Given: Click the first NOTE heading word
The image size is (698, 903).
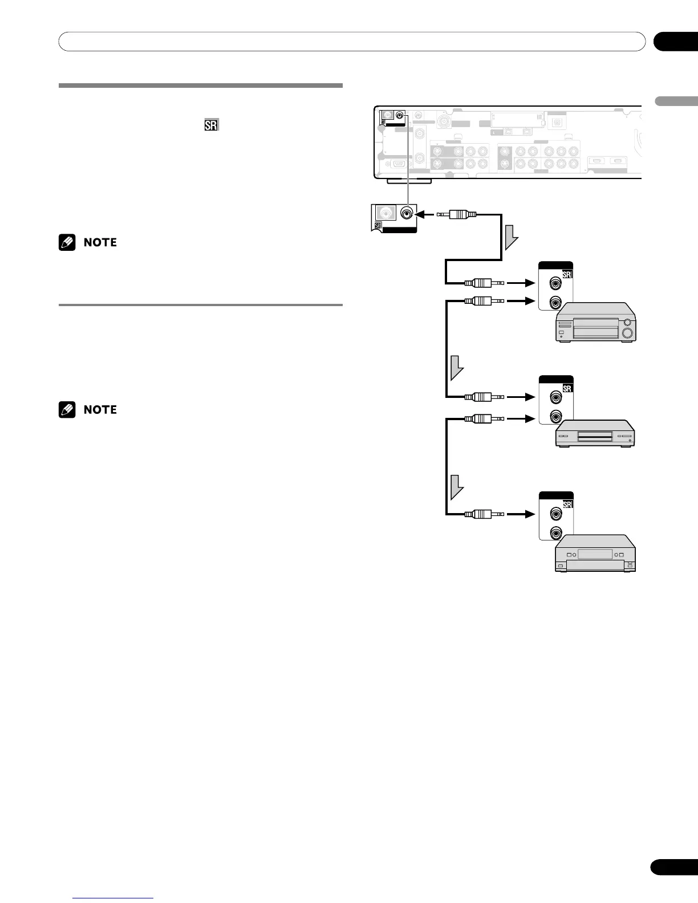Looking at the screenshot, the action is [x=100, y=242].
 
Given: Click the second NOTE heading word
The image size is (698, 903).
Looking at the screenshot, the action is [x=100, y=410].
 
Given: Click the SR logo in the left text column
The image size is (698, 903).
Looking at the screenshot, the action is [x=212, y=125].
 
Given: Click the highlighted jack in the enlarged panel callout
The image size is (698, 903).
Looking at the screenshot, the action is [x=407, y=214].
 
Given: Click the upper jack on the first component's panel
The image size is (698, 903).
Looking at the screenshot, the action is [x=554, y=282].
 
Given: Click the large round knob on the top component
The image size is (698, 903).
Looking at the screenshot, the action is [x=627, y=333].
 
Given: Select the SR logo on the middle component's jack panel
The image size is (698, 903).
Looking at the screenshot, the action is [x=567, y=388].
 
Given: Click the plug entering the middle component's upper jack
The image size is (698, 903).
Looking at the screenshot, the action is [x=484, y=396].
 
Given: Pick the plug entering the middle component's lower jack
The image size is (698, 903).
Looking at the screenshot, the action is [x=484, y=418].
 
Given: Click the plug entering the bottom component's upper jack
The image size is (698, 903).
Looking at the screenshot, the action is [x=484, y=514].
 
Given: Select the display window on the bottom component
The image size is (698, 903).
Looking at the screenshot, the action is [x=595, y=554].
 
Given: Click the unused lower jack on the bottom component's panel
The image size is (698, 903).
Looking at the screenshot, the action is [x=554, y=533].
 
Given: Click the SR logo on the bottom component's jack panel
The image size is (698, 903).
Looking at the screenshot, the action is [x=567, y=505].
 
